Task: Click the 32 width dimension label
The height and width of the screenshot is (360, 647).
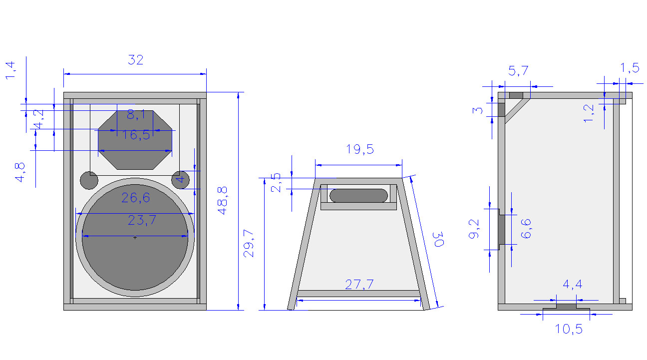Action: coord(135,59)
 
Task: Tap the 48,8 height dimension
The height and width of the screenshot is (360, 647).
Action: coord(223,201)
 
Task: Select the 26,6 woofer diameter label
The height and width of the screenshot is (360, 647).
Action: coord(135,198)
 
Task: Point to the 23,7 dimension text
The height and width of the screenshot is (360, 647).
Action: coord(142,221)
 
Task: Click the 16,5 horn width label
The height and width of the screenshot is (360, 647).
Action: coord(136,135)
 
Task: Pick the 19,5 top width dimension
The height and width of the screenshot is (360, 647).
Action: coord(360,149)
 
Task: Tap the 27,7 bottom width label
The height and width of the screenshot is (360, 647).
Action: coord(359,285)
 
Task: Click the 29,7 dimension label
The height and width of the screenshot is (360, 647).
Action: coord(249,243)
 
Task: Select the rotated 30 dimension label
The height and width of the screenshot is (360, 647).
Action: coord(439,239)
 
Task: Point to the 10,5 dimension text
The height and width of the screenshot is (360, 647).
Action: coord(569,329)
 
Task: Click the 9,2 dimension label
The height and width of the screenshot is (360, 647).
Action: coord(474,229)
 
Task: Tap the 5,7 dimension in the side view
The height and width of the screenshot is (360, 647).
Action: coord(518,71)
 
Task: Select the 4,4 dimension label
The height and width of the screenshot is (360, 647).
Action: coord(573,285)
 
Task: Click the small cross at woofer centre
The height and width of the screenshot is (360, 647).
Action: coord(135,238)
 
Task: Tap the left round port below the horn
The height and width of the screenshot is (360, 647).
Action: coord(89,180)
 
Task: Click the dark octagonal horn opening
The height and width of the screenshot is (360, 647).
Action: coord(135,140)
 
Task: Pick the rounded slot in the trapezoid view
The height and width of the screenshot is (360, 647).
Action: coord(359,196)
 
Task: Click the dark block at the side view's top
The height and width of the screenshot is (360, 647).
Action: coord(516,95)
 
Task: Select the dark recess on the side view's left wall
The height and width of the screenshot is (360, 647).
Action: coord(501,229)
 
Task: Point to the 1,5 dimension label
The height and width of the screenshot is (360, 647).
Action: coord(630,68)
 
